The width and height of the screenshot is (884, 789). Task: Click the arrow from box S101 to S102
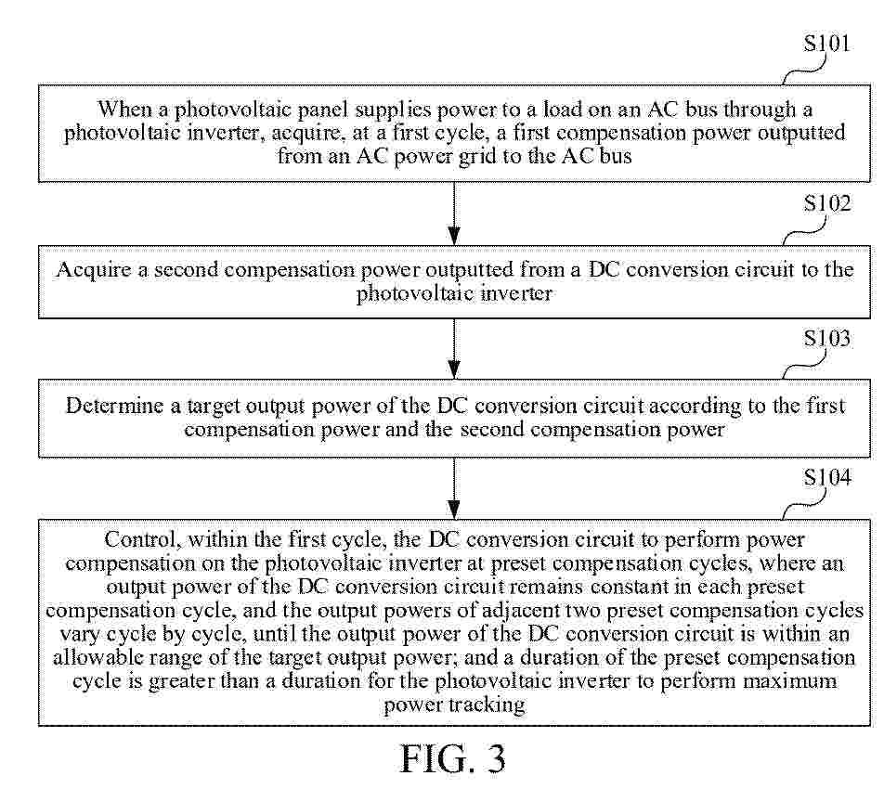[454, 213]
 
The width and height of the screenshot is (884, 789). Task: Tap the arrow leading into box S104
[454, 487]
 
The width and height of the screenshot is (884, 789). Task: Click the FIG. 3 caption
[453, 759]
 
